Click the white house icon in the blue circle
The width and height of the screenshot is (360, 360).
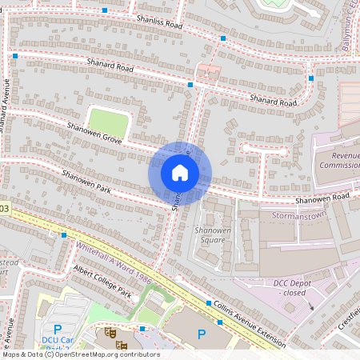tap(180, 173)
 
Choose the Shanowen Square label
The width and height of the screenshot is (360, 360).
tap(213, 234)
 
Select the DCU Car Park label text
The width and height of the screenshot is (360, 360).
tap(58, 343)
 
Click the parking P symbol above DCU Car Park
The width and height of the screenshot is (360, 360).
tap(57, 329)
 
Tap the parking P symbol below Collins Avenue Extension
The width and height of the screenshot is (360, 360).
tap(201, 334)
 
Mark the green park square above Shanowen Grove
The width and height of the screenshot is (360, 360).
tap(108, 123)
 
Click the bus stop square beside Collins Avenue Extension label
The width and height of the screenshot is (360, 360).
tap(208, 304)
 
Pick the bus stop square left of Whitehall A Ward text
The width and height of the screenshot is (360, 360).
tap(64, 235)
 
